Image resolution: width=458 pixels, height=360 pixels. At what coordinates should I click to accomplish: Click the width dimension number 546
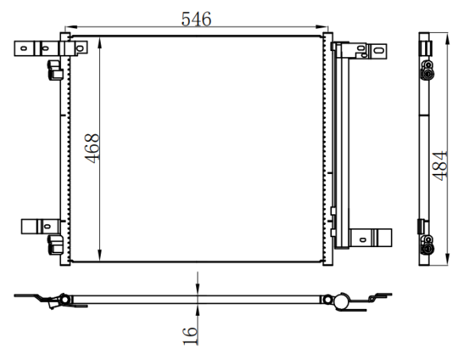(196, 19)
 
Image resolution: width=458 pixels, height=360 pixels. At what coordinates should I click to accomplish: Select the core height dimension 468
(92, 148)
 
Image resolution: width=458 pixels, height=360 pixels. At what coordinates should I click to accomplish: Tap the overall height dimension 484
(440, 166)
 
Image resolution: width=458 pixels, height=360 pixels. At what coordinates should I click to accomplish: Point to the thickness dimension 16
(190, 336)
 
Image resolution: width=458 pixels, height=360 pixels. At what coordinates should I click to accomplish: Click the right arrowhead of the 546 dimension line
(321, 27)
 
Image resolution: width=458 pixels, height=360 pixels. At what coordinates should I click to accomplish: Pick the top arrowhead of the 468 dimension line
(99, 43)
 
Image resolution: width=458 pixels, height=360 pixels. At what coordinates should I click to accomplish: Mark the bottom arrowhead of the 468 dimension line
(99, 256)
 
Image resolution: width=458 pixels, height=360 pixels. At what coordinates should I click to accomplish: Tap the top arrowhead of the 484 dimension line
(447, 39)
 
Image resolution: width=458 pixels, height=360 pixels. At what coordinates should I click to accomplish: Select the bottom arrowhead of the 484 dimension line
(447, 259)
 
